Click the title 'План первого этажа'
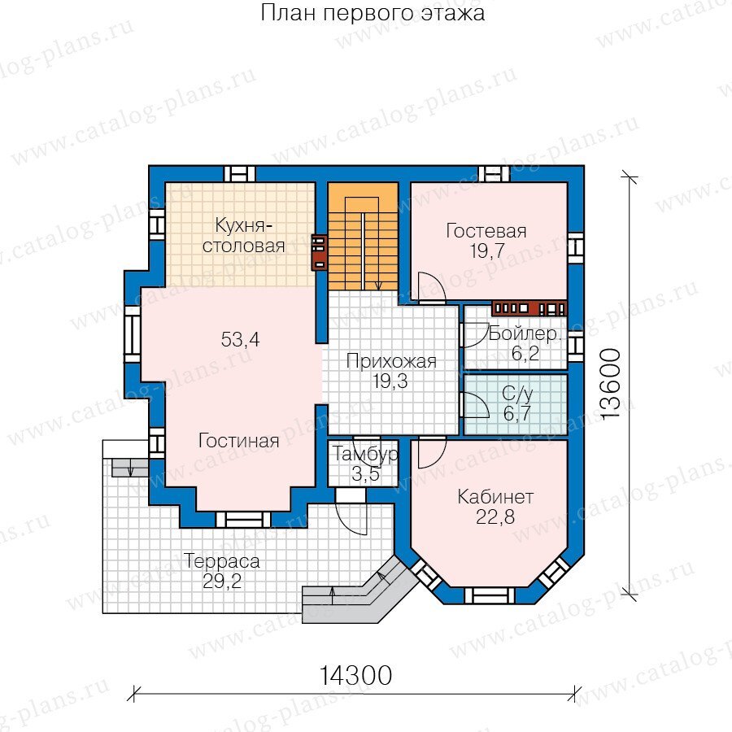373,12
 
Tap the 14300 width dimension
355,675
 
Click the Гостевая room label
486,231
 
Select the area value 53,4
240,339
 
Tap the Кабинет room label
495,497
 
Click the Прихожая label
391,362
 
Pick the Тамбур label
365,454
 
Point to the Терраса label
222,561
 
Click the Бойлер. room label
524,333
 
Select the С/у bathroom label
517,394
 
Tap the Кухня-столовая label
243,235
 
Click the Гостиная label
238,441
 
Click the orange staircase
363,236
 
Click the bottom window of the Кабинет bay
489,595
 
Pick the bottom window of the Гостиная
243,520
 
